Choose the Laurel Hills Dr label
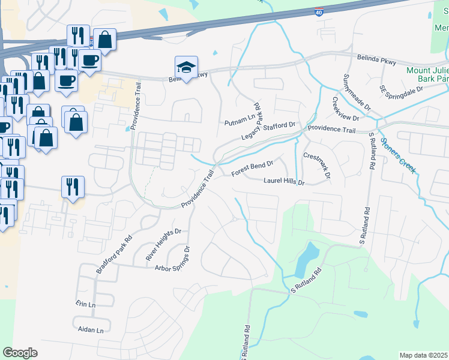click(x=285, y=181)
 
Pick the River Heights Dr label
click(x=163, y=245)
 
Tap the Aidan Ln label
click(x=91, y=330)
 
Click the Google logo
click(x=20, y=353)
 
